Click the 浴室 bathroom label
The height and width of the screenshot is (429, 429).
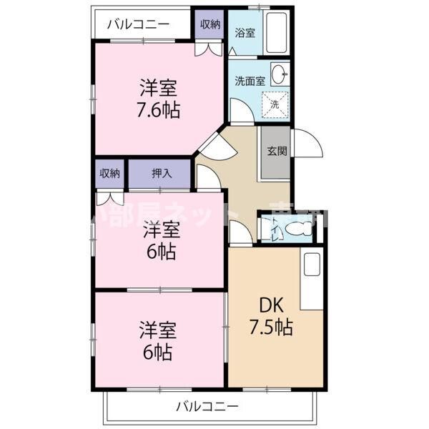coord(245,32)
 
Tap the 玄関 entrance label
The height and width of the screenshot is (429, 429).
coord(277,151)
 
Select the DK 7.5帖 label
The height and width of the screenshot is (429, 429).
coord(271,316)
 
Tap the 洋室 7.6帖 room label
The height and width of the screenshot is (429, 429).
coord(159,100)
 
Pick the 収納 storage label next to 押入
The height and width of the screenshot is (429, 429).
coord(109,172)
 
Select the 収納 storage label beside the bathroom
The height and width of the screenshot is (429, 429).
coord(209,24)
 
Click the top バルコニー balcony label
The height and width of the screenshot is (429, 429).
coord(138,24)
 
